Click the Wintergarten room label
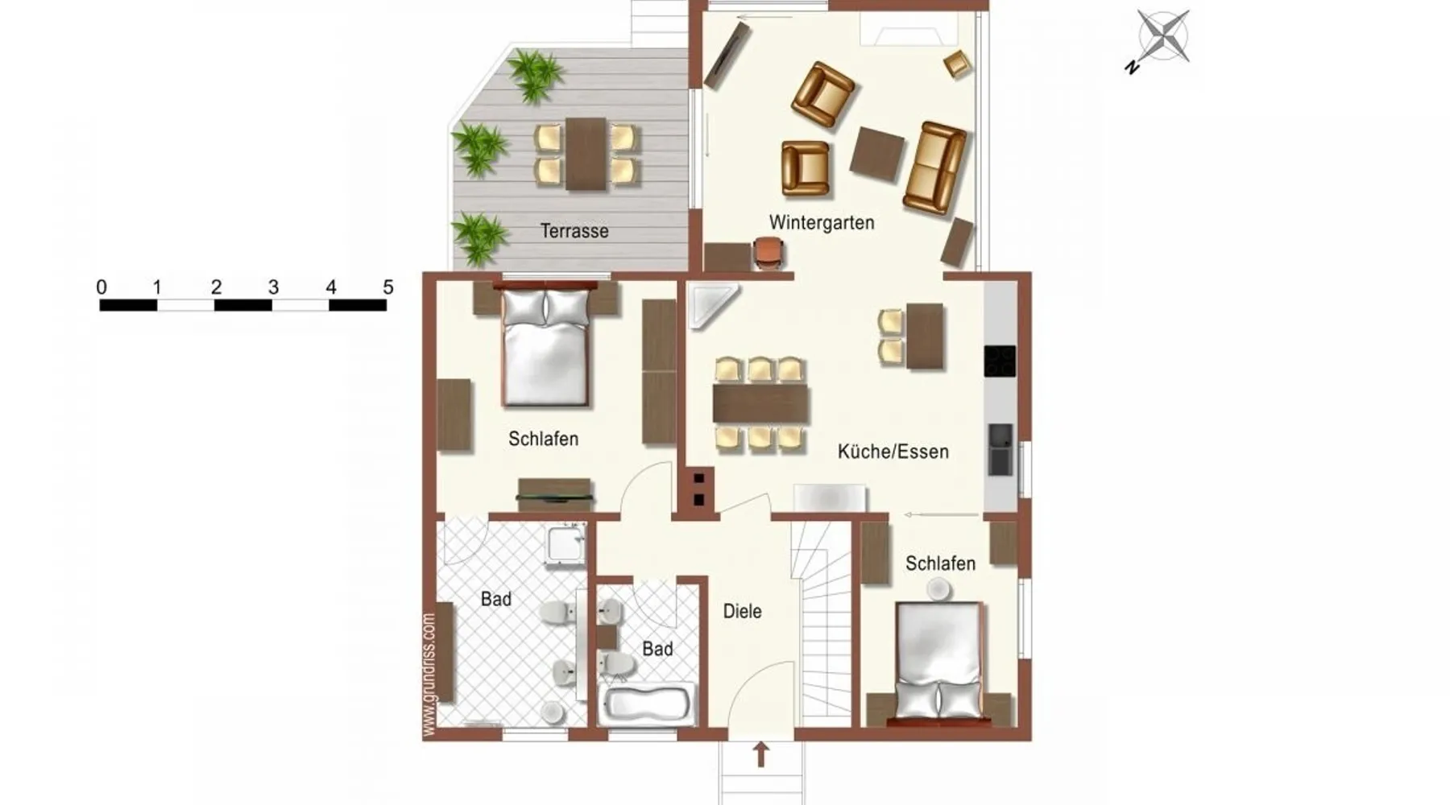(x=822, y=222)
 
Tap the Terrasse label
(x=574, y=231)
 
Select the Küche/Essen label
(x=893, y=452)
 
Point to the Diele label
(x=742, y=611)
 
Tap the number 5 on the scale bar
(x=388, y=287)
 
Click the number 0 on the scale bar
(x=101, y=287)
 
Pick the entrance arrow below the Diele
(x=760, y=754)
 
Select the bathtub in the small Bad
(x=648, y=704)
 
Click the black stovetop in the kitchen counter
(x=1000, y=361)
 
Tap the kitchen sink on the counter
(x=1000, y=449)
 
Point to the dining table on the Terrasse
(x=586, y=154)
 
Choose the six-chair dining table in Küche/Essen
(x=760, y=404)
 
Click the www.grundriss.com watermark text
(x=429, y=675)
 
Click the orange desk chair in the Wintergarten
(x=770, y=253)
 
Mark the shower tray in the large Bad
(x=566, y=544)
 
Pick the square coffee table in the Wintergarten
(x=877, y=154)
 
